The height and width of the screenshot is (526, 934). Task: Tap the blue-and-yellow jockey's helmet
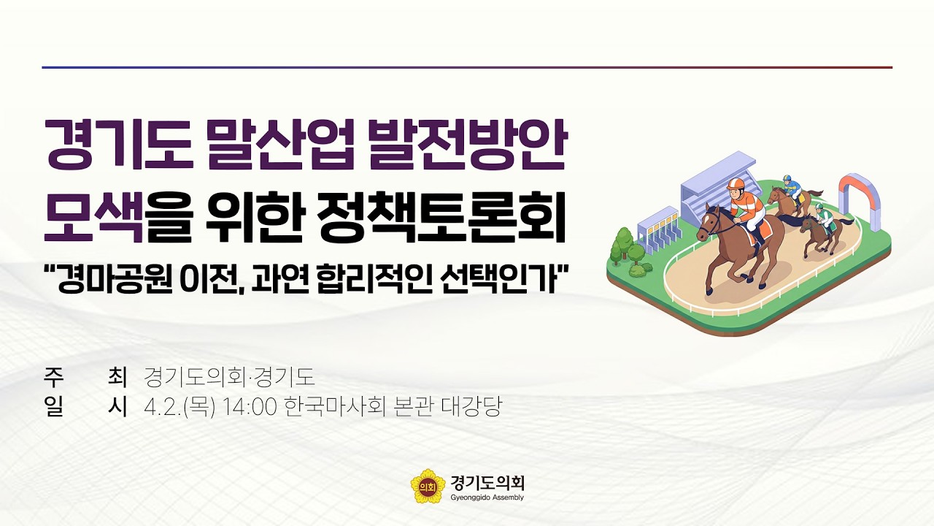tap(787, 178)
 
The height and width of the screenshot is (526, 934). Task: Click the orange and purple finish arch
tap(858, 191)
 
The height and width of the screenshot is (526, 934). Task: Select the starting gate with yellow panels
tap(659, 224)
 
